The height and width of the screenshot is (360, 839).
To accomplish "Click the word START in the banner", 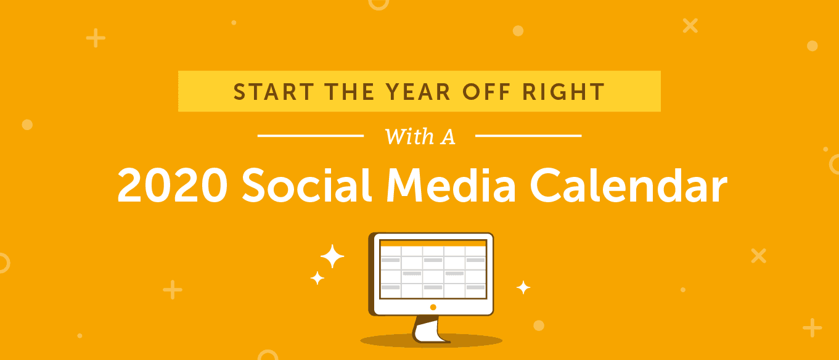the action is (x=274, y=92).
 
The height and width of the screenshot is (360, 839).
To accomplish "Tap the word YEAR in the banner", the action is (x=418, y=92).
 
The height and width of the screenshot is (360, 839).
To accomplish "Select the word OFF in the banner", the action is (x=486, y=92).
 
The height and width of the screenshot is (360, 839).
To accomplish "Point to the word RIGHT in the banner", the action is (x=563, y=92).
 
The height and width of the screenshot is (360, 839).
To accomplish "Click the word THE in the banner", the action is (x=350, y=92).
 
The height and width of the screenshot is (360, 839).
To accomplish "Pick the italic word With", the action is (x=409, y=136).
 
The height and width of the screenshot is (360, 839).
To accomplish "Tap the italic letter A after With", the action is (x=448, y=137).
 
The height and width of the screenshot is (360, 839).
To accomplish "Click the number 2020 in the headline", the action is (x=172, y=185).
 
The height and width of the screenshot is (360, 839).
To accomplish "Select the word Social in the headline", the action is (x=307, y=185).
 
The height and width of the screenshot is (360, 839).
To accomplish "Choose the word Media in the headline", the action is (x=451, y=185).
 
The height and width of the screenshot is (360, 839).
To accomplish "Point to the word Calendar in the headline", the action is (x=629, y=185).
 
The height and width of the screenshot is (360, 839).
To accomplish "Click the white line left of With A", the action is (x=311, y=136).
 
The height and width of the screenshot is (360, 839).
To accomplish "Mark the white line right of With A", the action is (x=528, y=136).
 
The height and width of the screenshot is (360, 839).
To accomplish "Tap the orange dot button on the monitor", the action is (x=433, y=307).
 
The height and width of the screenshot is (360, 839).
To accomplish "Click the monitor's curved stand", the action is (x=429, y=330).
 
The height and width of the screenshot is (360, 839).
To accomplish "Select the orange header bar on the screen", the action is (x=433, y=243).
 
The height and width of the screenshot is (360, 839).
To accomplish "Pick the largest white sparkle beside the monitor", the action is (x=332, y=256).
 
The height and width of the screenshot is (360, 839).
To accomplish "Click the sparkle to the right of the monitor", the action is (x=523, y=287).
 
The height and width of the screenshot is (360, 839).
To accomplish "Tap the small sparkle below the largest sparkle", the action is (x=317, y=278).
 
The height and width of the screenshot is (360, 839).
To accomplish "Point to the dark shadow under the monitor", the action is (x=431, y=341).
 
